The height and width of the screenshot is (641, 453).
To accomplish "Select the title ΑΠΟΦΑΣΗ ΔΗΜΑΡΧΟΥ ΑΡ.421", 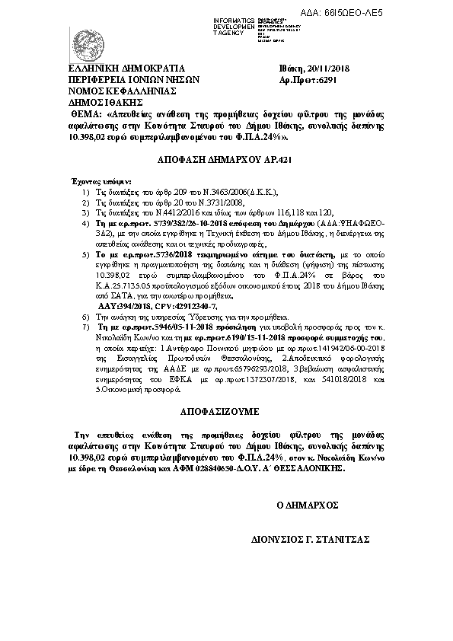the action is (x=225, y=159).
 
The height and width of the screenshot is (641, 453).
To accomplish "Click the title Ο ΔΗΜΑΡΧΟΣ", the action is (x=308, y=505).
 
